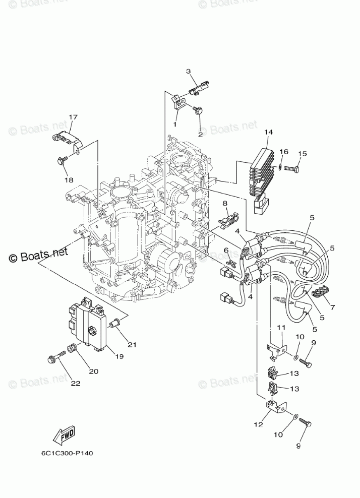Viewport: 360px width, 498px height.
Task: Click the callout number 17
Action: pos(73,117)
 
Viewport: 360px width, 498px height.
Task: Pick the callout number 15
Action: pos(302,154)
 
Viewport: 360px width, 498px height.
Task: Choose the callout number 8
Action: pos(225,203)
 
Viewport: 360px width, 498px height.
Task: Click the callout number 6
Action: pos(226,250)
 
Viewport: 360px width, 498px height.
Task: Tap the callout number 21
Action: pos(132,344)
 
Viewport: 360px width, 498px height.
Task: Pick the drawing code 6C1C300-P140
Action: pos(67,453)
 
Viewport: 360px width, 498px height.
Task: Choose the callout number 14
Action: pos(268,132)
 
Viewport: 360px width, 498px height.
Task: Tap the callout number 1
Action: pos(176,123)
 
